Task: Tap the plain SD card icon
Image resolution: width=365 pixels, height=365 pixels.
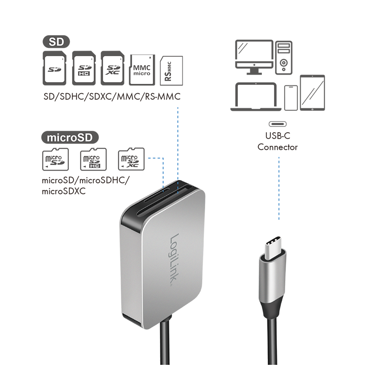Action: [x=56, y=69]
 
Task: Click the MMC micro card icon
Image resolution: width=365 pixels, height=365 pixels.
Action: [x=141, y=69]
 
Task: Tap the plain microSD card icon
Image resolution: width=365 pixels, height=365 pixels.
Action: [x=54, y=160]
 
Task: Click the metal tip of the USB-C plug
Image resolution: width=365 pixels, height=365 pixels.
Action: [x=274, y=247]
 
